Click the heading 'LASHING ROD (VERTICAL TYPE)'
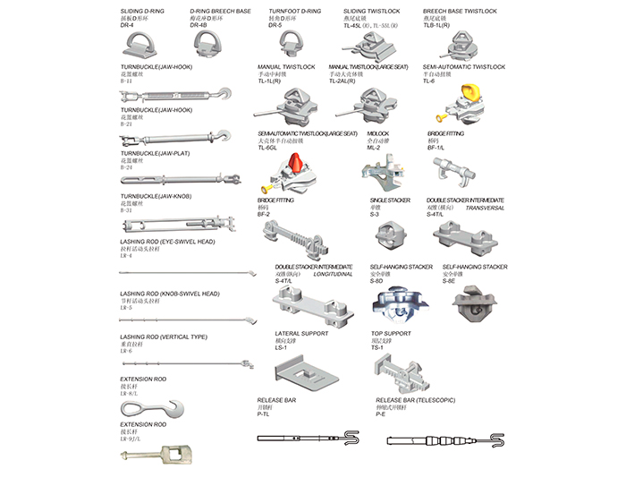(164, 337)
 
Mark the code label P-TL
(265, 414)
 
